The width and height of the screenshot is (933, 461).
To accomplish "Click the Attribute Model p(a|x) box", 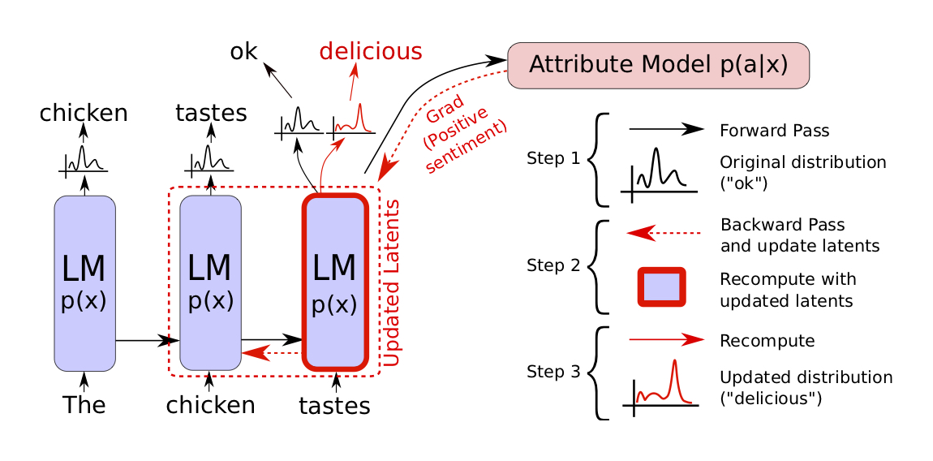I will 658,65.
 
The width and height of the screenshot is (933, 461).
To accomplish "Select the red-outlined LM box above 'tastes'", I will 335,281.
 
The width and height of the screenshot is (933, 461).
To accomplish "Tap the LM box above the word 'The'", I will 84,282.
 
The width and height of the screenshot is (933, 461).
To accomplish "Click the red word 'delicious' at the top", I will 371,51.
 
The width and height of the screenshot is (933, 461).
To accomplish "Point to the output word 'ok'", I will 243,52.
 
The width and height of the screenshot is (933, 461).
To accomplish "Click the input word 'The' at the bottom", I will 84,404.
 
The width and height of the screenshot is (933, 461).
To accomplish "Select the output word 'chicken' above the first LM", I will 84,113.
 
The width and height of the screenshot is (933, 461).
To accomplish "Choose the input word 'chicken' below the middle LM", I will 210,404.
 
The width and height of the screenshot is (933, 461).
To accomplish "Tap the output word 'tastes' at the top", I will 211,113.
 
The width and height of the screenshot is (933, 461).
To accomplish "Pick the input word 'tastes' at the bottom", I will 335,404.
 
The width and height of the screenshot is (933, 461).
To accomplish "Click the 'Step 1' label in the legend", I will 554,158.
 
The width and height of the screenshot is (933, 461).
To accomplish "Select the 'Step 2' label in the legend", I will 554,265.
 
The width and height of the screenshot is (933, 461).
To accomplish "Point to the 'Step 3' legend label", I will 554,373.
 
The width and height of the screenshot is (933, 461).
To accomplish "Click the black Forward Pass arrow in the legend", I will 665,129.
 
